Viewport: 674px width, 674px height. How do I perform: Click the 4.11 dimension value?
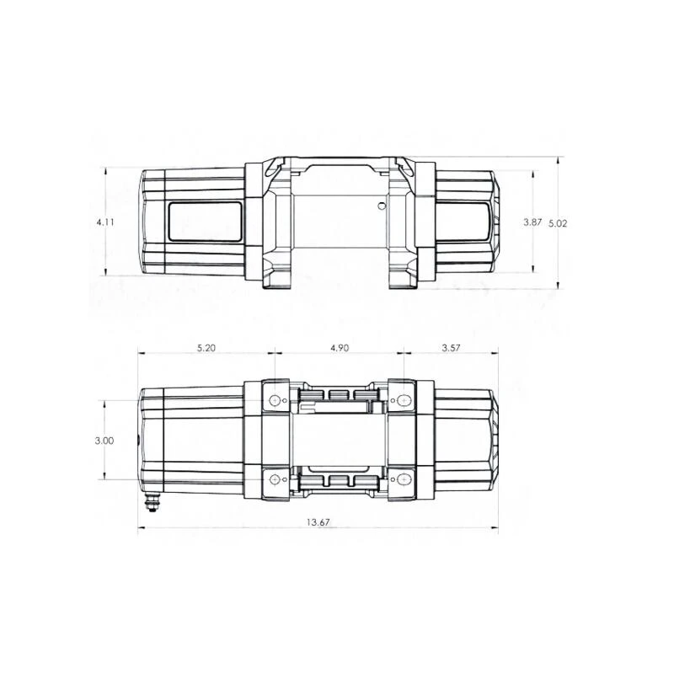point(104,222)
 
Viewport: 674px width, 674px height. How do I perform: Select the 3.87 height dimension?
point(532,222)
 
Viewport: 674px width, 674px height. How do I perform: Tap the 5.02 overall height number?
point(558,223)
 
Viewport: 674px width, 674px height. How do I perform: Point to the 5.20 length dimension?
point(204,348)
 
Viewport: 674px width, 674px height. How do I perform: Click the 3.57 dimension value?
point(451,348)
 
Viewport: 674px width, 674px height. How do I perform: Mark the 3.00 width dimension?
point(105,440)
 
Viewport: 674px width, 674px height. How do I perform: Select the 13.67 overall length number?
point(318,522)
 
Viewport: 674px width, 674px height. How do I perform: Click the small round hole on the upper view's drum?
point(382,206)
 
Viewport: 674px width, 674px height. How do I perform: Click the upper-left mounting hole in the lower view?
point(274,399)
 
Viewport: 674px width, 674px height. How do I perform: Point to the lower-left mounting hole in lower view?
point(274,479)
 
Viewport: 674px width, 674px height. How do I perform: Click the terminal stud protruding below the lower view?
point(153,502)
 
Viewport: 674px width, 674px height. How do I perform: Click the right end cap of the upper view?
point(497,222)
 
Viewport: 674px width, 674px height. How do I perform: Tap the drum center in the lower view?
point(339,440)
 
